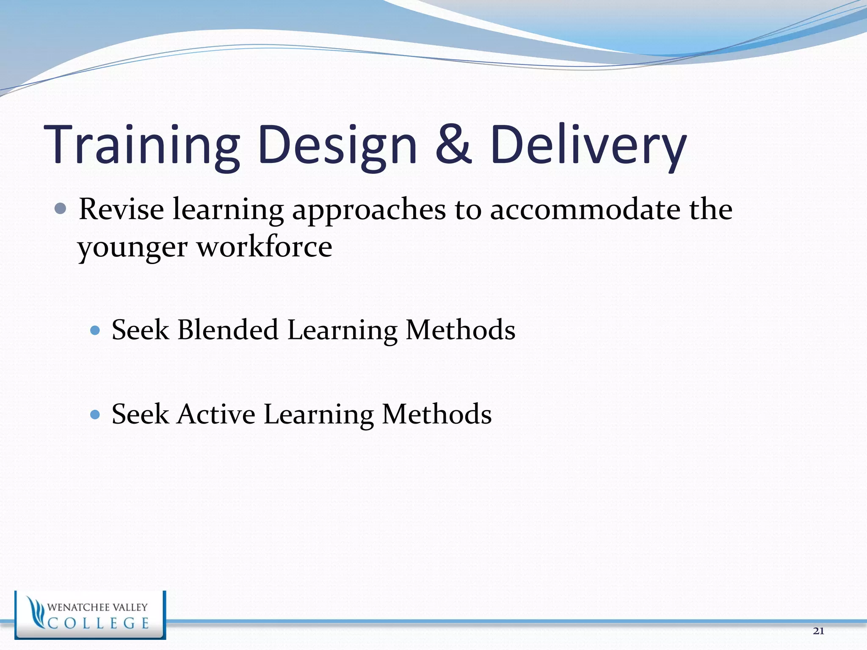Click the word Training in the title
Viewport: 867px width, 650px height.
142,145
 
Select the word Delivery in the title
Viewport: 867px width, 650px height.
588,145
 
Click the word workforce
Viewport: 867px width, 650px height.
265,246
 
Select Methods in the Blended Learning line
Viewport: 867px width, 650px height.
461,330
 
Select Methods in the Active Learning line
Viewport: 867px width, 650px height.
436,414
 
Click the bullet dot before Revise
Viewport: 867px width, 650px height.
61,209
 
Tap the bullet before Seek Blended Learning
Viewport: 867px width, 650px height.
95,330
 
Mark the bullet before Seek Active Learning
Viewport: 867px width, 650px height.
95,414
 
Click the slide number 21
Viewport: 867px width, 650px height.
818,631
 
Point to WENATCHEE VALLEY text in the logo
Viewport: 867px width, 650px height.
97,607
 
